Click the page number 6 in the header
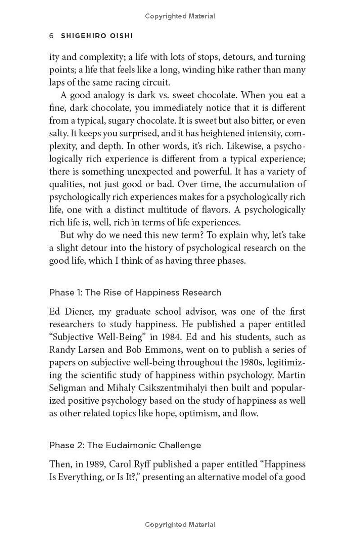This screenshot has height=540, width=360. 51,36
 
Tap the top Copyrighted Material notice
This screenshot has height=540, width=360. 180,16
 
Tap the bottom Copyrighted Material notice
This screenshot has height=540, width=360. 180,525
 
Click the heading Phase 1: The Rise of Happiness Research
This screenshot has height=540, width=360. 135,292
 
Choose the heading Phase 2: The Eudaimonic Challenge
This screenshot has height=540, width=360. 125,445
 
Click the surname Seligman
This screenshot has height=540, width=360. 66,388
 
